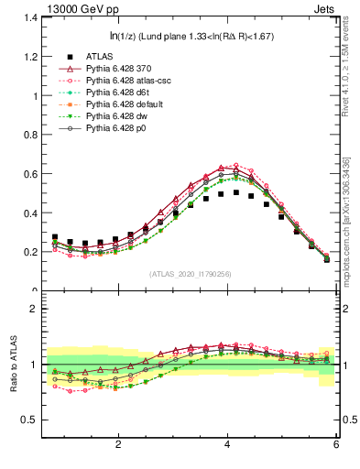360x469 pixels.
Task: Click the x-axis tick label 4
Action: point(227,443)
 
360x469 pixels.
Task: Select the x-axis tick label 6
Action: point(336,443)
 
